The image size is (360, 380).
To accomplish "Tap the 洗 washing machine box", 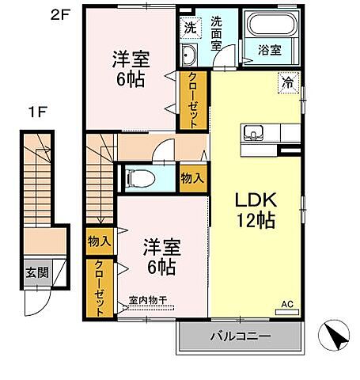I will pos(189,27).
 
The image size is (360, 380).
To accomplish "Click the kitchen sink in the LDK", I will pos(255,131).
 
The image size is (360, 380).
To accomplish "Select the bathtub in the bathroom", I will pos(273,24).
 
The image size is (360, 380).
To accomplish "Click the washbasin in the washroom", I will pos(189,55).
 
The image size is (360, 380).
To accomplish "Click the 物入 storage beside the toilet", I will pos(192,177).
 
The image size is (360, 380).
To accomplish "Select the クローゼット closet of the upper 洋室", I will pos(192,100).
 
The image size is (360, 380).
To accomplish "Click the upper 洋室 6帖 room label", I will pos(131,69).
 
